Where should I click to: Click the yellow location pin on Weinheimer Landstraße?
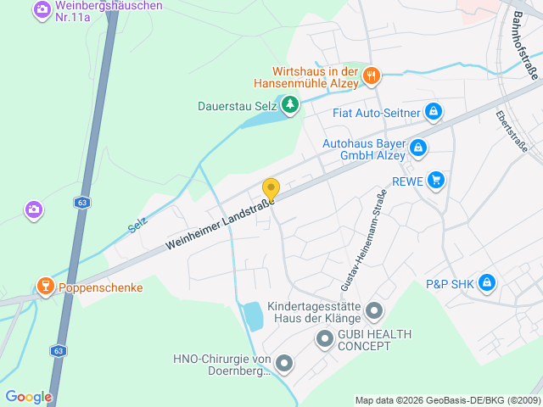pyautogui.click(x=271, y=189)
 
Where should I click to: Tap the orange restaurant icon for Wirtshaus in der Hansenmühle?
pyautogui.click(x=371, y=77)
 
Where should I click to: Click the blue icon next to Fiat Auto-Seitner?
pyautogui.click(x=434, y=112)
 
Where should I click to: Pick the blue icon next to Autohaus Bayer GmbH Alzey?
pyautogui.click(x=417, y=148)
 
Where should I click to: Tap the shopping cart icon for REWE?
pyautogui.click(x=436, y=180)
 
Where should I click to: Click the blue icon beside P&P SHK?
pyautogui.click(x=487, y=282)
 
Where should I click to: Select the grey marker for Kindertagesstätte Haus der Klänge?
pyautogui.click(x=374, y=313)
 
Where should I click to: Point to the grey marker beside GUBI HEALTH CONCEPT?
pyautogui.click(x=324, y=340)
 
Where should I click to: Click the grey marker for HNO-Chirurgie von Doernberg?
pyautogui.click(x=284, y=365)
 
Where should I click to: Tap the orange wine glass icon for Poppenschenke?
pyautogui.click(x=45, y=287)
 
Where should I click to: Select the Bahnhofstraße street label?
pyautogui.click(x=525, y=50)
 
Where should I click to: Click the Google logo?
pyautogui.click(x=28, y=397)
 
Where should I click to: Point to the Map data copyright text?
pyautogui.click(x=446, y=400)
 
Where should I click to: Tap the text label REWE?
pyautogui.click(x=406, y=180)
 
